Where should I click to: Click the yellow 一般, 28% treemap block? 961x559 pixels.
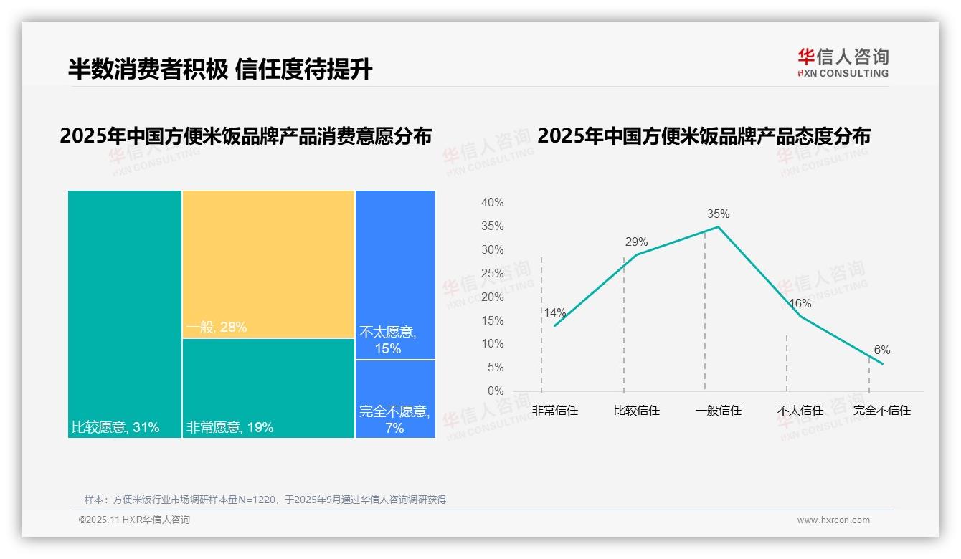click(268, 264)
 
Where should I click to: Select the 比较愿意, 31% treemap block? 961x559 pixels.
click(125, 314)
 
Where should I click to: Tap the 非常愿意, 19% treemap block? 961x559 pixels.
click(268, 388)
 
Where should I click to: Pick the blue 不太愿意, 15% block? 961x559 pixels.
click(395, 274)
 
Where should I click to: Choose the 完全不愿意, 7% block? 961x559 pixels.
click(395, 398)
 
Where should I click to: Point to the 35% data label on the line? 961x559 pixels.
click(718, 214)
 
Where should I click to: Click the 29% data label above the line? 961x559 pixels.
click(636, 242)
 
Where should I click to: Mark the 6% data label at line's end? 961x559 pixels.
click(881, 350)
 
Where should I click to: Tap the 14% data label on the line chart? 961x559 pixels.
click(554, 312)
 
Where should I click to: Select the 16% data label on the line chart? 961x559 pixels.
click(800, 303)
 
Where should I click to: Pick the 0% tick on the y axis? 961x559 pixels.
click(496, 391)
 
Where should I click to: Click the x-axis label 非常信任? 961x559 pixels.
click(554, 411)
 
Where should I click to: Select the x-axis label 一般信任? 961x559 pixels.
click(718, 411)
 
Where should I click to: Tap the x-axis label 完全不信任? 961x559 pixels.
click(881, 411)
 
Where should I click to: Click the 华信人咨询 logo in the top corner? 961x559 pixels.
click(843, 62)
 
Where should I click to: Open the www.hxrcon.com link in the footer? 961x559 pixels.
click(833, 520)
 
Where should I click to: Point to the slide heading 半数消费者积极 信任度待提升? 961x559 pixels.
click(220, 69)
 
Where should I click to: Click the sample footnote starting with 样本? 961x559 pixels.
click(265, 500)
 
